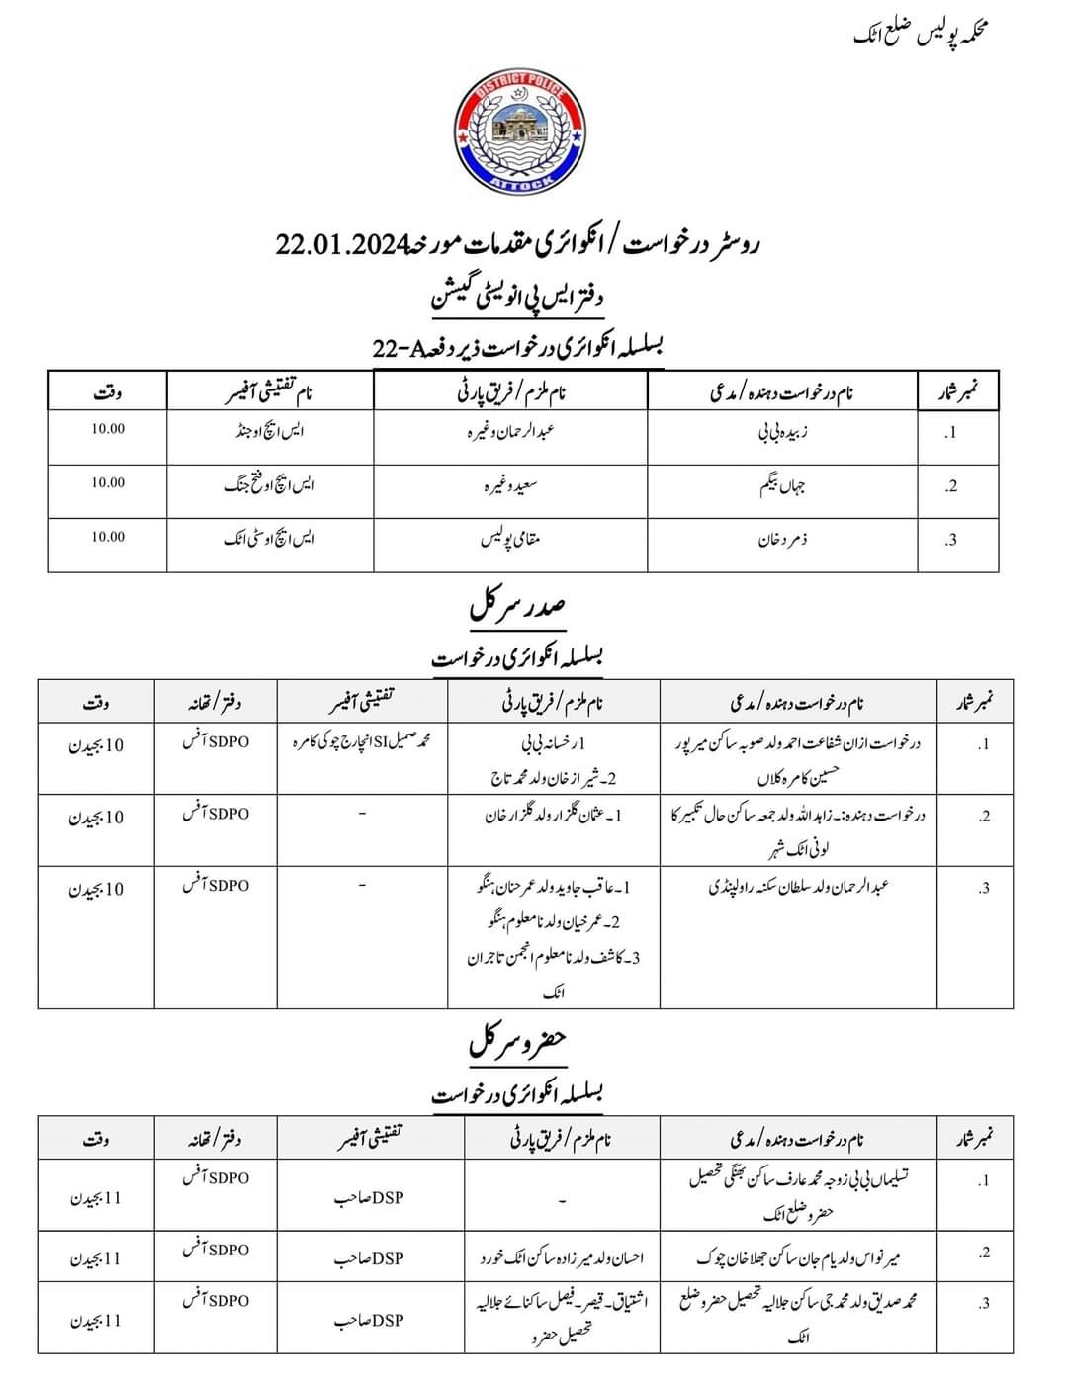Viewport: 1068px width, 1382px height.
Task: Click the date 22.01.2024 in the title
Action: (341, 245)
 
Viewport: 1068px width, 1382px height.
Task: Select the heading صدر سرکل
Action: (517, 607)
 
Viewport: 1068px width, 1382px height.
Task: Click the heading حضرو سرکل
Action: (517, 1042)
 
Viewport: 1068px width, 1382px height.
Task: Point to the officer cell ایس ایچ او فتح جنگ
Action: (270, 486)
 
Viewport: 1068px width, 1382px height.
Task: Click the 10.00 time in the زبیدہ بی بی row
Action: (108, 429)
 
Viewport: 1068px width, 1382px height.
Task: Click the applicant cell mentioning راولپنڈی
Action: (799, 887)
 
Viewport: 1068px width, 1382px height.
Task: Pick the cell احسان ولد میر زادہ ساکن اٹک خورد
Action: (560, 1258)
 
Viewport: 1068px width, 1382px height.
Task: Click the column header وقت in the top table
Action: (108, 392)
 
